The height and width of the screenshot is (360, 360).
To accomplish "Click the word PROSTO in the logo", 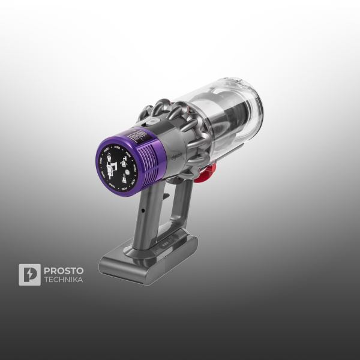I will click(64, 271).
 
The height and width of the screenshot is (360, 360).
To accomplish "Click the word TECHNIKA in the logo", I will click(64, 280).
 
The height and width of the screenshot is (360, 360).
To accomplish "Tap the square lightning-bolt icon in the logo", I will click(29, 275).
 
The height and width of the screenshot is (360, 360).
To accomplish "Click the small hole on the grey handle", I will click(144, 212).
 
